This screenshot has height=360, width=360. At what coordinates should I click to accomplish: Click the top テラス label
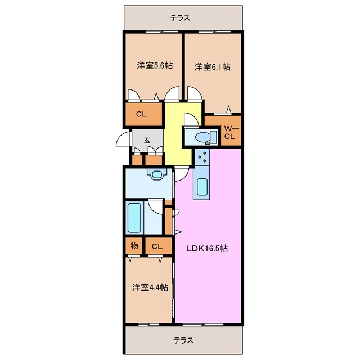[x=181, y=17]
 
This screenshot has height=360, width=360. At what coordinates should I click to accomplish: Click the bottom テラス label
[x=181, y=340]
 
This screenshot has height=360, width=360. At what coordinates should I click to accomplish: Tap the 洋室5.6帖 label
[x=154, y=66]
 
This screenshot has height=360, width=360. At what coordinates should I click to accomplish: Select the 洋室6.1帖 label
[x=213, y=67]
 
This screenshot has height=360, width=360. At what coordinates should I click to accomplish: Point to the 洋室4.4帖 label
[x=150, y=287]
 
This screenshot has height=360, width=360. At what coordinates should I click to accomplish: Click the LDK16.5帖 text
[x=207, y=247]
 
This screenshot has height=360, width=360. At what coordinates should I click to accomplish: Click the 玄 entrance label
[x=146, y=141]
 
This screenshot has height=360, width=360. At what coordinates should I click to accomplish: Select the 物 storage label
[x=134, y=245]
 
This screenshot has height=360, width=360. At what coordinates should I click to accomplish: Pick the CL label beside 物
[x=157, y=246]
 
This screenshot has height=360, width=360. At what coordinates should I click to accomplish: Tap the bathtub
[x=135, y=218]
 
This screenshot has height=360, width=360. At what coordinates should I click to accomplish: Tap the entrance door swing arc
[x=123, y=141]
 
